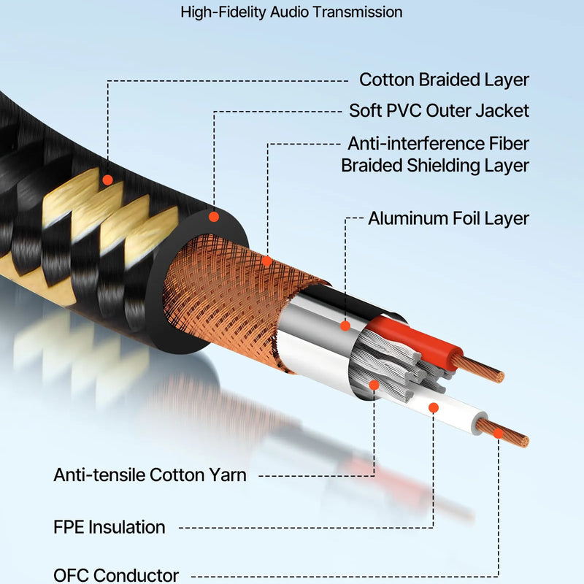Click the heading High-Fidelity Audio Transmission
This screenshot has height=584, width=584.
291,12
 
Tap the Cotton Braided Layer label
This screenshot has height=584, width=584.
444,80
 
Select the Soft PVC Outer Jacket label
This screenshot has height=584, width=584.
439,111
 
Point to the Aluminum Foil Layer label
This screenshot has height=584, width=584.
448,218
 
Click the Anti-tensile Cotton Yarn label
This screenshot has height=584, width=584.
150,475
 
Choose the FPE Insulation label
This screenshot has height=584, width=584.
109,527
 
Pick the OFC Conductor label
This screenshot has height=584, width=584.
116,575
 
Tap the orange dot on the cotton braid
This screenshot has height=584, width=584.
107,180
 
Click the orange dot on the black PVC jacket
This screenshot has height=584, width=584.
214,217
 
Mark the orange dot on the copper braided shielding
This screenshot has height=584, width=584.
266,261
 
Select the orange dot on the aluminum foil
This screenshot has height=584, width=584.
345,326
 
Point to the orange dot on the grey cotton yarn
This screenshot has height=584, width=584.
374,385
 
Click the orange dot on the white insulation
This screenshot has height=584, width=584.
433,408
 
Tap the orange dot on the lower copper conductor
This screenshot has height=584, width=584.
499,433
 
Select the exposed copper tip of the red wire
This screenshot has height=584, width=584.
479,369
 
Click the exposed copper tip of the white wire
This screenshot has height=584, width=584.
503,433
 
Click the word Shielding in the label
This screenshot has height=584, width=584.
443,166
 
